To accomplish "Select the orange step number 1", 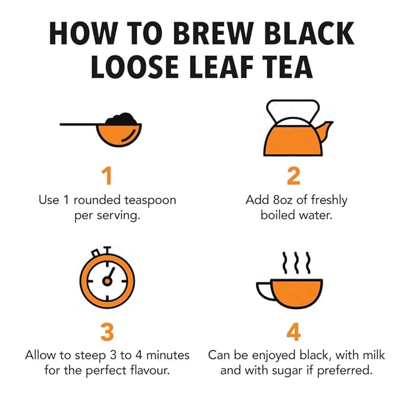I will coord(107,177).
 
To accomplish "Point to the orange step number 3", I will coord(107,332).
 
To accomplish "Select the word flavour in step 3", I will coord(149,370).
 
